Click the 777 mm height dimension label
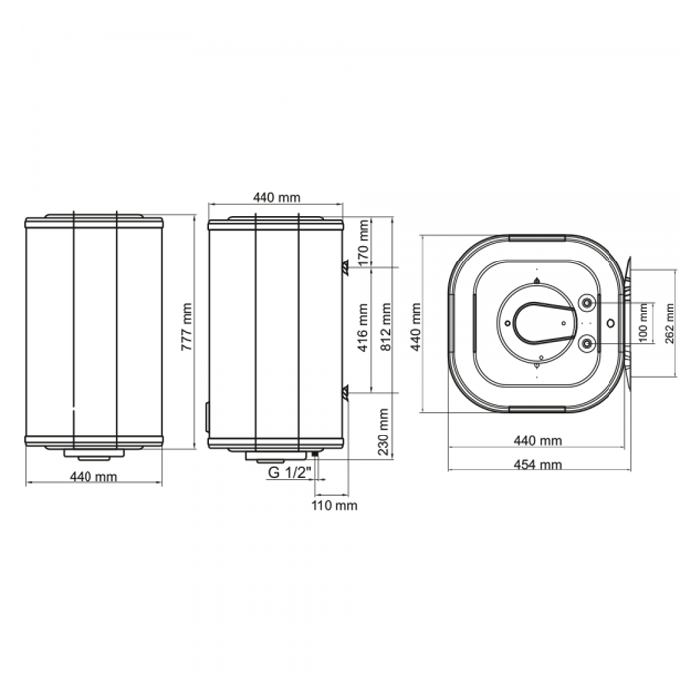[x=187, y=327]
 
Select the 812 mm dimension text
[x=386, y=327]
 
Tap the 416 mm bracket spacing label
[x=363, y=328]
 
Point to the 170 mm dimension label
[x=363, y=243]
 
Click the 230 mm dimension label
[x=382, y=432]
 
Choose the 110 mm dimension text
[x=334, y=505]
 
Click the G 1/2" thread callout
[x=291, y=473]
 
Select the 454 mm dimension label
[x=538, y=464]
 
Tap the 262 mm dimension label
[x=670, y=323]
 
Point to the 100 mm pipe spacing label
[x=644, y=323]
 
